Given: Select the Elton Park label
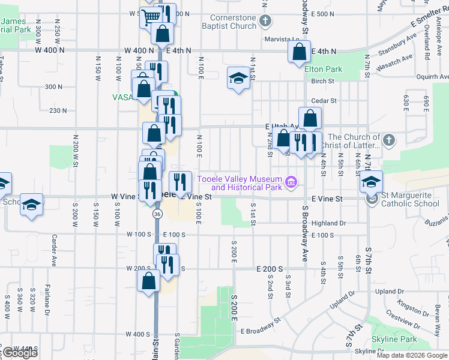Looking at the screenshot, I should point(323,69).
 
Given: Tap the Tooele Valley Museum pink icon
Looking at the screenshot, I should point(292,181).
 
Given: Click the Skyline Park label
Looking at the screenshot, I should point(394,339).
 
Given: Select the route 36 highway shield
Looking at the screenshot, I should point(157,214).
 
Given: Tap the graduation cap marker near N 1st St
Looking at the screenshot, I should point(238,78).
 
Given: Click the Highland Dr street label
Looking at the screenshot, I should point(330,223).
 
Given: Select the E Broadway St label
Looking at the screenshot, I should point(261,327).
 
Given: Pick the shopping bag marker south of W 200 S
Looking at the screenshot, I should point(148,281).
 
